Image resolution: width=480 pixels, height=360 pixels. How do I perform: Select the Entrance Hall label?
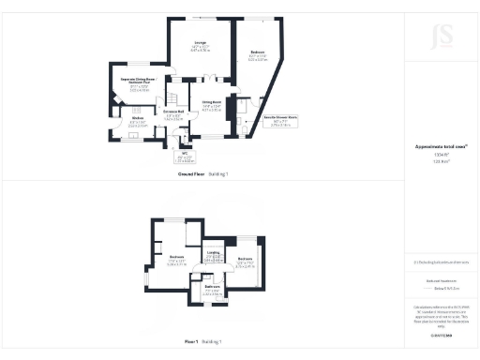pos(173,116)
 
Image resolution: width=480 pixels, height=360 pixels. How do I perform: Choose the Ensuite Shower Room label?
pos(258,120)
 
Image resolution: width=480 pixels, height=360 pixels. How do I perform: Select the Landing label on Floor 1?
pos(214,253)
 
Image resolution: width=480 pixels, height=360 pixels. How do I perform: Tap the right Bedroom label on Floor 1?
pos(245,261)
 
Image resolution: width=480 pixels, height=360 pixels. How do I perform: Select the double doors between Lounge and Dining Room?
pos(213,80)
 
